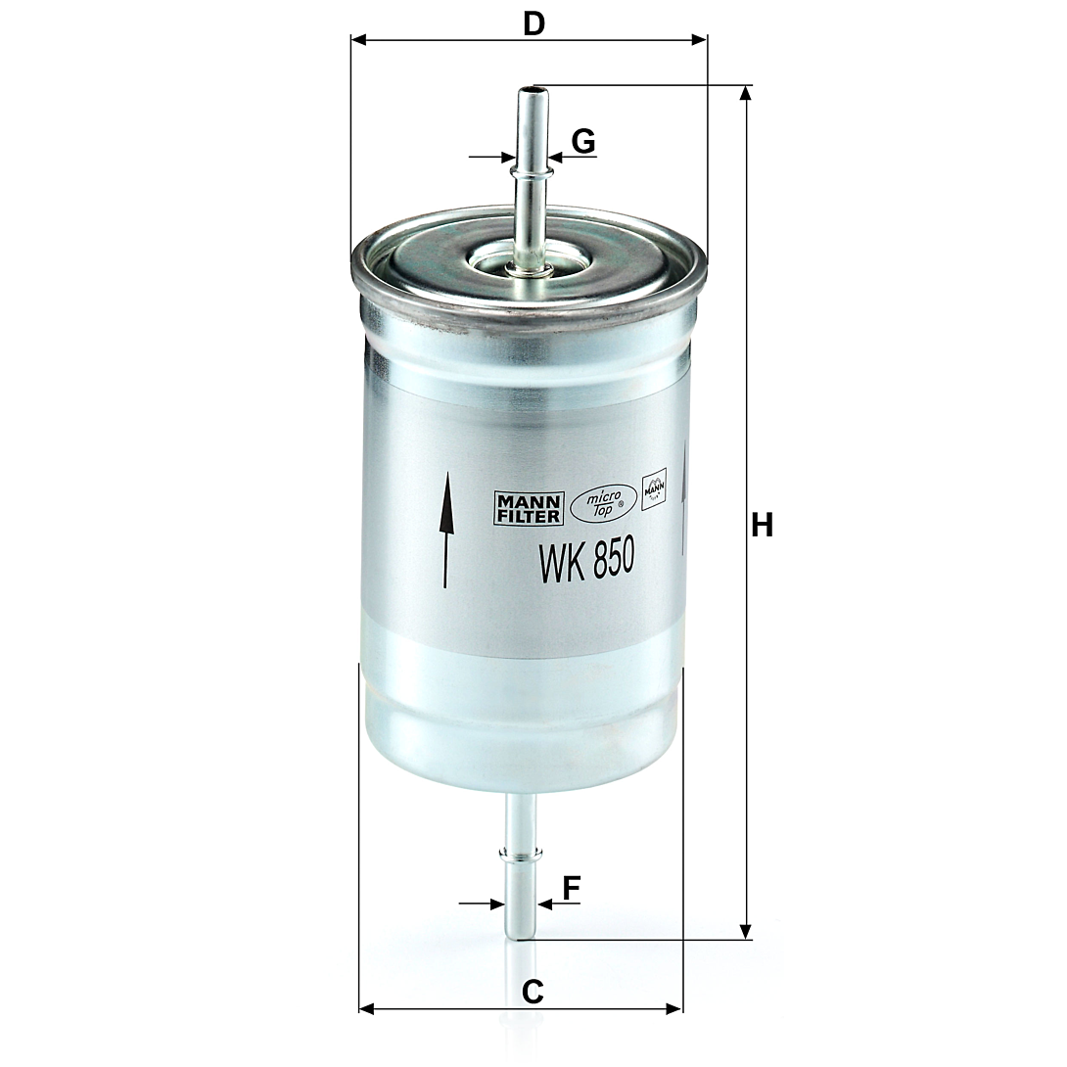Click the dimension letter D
coord(534,23)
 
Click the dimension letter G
coord(583,142)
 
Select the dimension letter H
coord(763,526)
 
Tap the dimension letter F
coord(571,887)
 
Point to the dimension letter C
coord(533,993)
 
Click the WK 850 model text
coord(586,559)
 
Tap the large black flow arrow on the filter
coord(445,530)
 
